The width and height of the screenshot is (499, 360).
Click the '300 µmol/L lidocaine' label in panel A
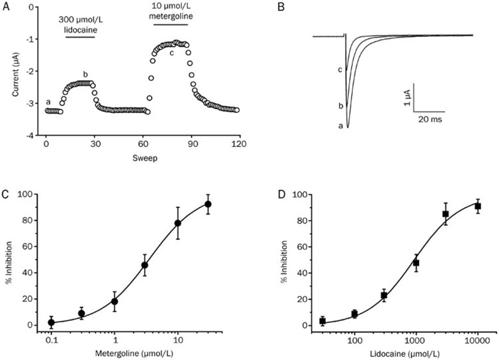click(81, 24)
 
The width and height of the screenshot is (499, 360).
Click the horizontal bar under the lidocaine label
click(81, 37)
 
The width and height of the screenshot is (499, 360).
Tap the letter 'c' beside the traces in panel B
click(341, 68)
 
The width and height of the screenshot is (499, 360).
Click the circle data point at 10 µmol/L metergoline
click(178, 223)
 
